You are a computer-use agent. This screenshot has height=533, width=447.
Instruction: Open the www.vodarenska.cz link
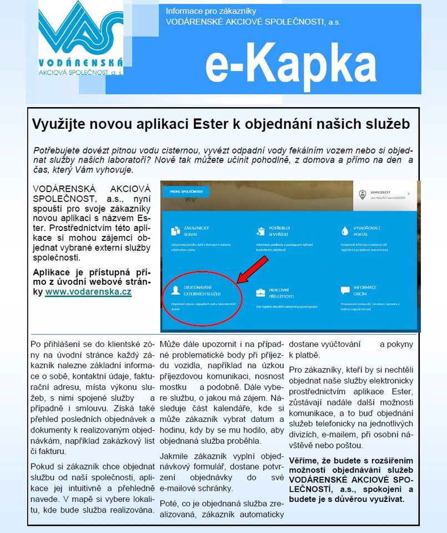pos(88,291)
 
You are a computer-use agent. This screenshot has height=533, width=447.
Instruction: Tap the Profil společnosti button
pos(183,192)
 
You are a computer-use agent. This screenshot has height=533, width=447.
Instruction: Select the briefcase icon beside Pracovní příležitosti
pos(260,292)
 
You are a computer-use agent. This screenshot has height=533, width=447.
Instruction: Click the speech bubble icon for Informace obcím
pos(344,290)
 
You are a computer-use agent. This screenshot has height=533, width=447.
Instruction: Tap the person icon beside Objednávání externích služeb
pos(175,290)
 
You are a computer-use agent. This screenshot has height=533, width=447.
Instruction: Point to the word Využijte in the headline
pos(56,124)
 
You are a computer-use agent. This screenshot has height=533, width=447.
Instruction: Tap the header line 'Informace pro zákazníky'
pos(211,11)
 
